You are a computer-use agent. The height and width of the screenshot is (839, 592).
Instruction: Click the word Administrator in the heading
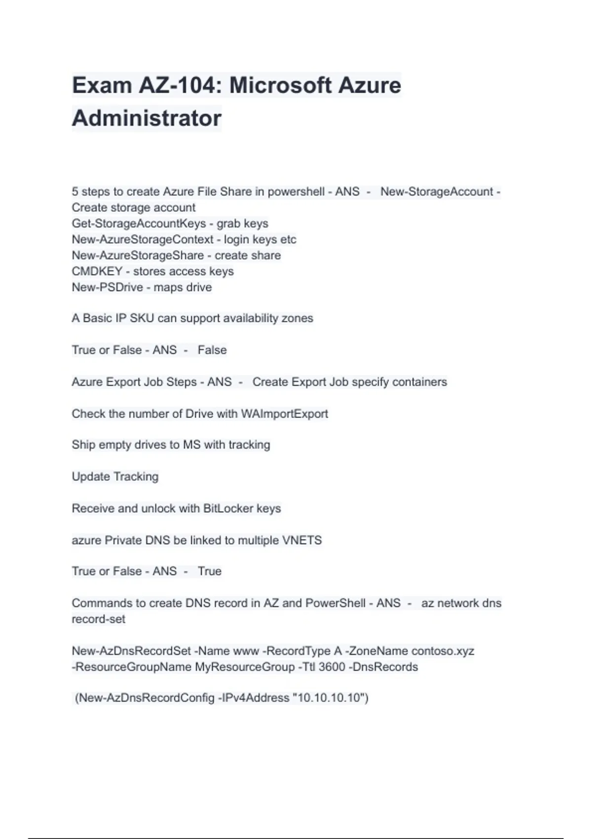click(x=147, y=118)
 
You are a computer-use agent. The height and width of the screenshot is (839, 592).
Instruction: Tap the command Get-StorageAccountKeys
click(x=139, y=224)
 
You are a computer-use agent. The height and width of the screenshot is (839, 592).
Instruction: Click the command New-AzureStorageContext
click(x=143, y=240)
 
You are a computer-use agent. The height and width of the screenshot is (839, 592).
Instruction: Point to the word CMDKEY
click(x=97, y=271)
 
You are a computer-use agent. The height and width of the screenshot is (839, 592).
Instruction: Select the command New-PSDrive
click(x=107, y=287)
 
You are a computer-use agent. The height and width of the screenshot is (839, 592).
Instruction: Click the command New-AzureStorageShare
click(x=138, y=256)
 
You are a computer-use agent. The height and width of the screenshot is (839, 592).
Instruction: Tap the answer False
click(x=212, y=350)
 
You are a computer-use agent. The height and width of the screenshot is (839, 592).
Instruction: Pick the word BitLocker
click(x=228, y=508)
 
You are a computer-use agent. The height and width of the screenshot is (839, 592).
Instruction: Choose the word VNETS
click(x=301, y=540)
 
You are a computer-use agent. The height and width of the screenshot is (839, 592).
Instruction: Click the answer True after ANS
click(x=210, y=572)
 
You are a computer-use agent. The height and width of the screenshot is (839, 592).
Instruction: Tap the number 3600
click(x=332, y=667)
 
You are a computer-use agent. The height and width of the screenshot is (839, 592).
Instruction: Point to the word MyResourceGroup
click(x=245, y=667)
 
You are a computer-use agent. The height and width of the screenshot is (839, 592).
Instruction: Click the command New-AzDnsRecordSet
click(x=131, y=651)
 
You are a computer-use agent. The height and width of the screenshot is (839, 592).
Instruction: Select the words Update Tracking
click(x=115, y=477)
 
